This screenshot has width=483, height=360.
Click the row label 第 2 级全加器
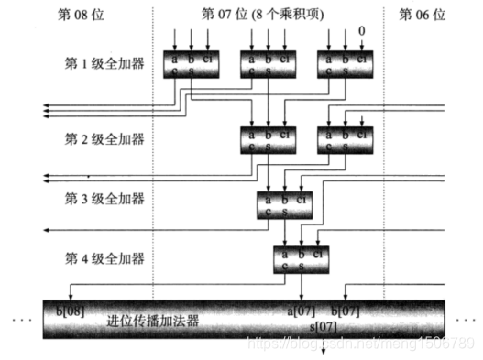click(104, 138)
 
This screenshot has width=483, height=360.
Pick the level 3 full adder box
click(284, 201)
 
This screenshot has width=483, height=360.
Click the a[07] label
click(302, 311)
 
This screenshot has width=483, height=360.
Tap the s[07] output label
click(323, 326)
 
